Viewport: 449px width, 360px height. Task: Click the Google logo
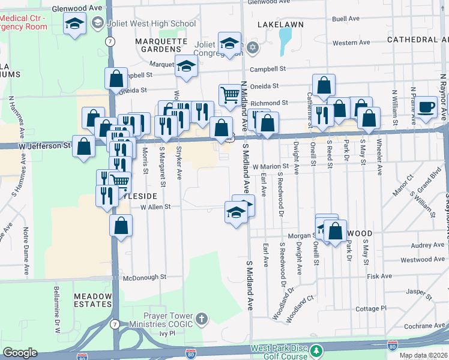click(x=20, y=353)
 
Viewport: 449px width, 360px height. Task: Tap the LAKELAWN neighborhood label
click(x=280, y=25)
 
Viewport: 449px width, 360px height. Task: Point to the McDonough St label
click(x=144, y=277)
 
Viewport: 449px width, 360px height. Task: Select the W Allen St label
click(x=155, y=206)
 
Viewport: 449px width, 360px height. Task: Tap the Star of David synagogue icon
click(x=253, y=47)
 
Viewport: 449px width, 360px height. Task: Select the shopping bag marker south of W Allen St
click(x=121, y=226)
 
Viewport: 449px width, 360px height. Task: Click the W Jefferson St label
click(x=40, y=145)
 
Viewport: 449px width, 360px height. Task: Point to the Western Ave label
click(x=351, y=43)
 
